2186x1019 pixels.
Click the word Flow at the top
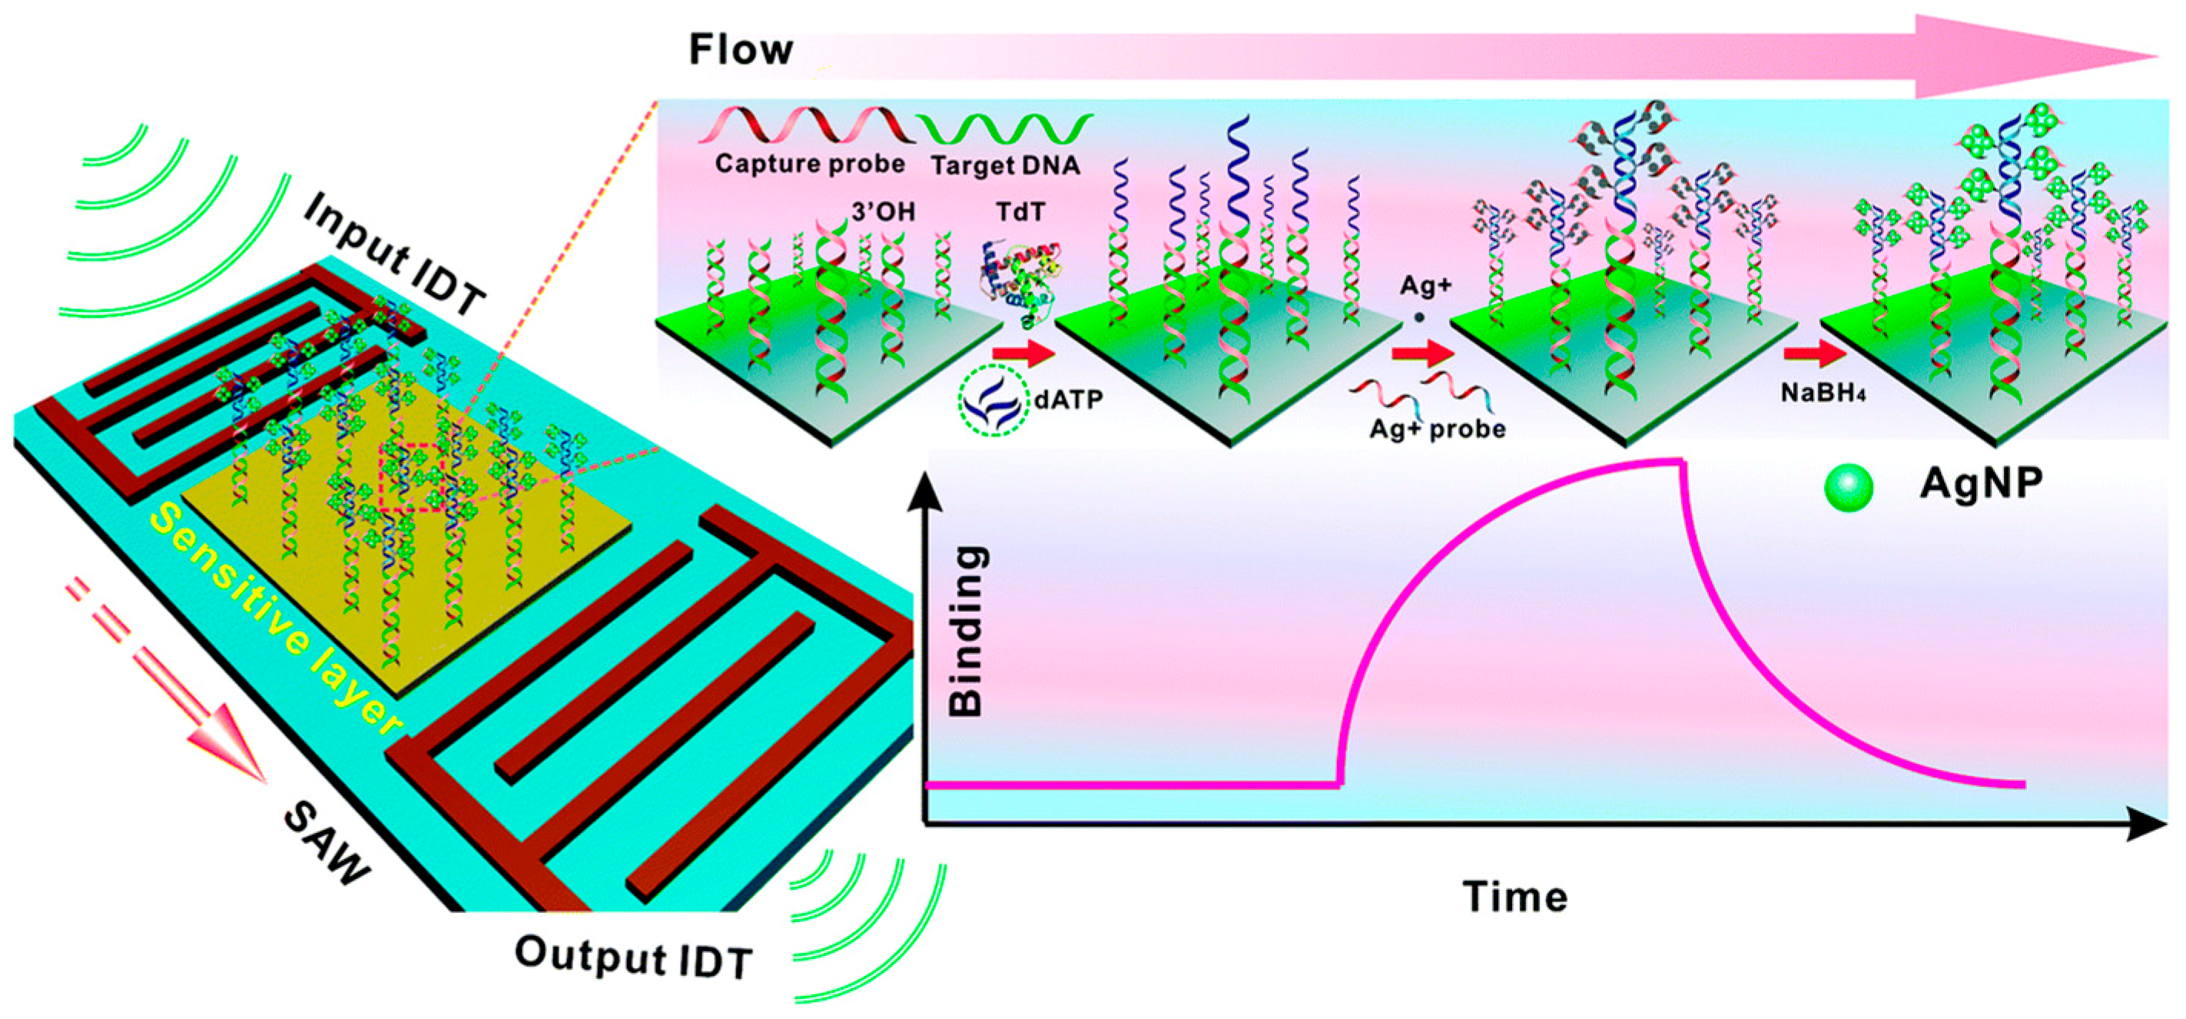click(740, 50)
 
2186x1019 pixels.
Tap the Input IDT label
click(396, 254)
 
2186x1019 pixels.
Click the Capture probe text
click(810, 164)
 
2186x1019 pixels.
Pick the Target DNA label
click(1005, 165)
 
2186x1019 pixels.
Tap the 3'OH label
click(884, 212)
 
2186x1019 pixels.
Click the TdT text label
click(1020, 212)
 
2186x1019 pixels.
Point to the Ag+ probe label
click(1438, 430)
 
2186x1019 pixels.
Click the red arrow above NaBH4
click(1813, 356)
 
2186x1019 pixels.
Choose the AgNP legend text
click(1981, 484)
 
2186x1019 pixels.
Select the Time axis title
click(1514, 897)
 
